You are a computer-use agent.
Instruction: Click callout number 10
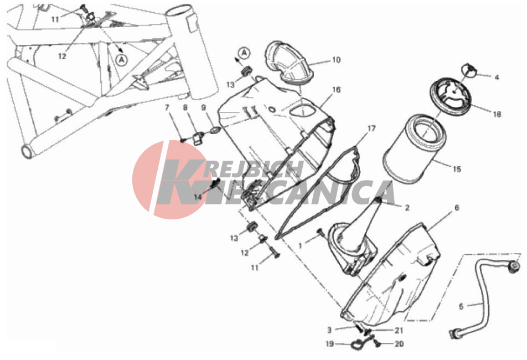(x=336, y=60)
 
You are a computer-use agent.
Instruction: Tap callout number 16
(x=336, y=90)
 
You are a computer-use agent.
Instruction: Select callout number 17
(x=371, y=128)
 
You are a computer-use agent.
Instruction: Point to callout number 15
(x=457, y=169)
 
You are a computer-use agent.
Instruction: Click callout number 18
(x=497, y=114)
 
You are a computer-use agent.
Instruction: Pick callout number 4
(x=497, y=78)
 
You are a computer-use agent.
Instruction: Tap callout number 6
(x=456, y=208)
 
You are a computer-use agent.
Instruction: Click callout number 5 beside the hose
(x=461, y=306)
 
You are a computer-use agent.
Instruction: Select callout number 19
(x=330, y=344)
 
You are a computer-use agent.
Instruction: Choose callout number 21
(x=399, y=331)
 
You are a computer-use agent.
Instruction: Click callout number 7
(x=167, y=107)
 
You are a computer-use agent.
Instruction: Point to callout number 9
(x=203, y=107)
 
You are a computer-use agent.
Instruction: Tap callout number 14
(x=198, y=197)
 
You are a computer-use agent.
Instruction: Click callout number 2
(x=407, y=208)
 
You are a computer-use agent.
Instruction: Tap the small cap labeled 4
(x=469, y=69)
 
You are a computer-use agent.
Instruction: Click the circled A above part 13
(x=244, y=53)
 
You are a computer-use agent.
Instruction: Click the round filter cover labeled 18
(x=451, y=95)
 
